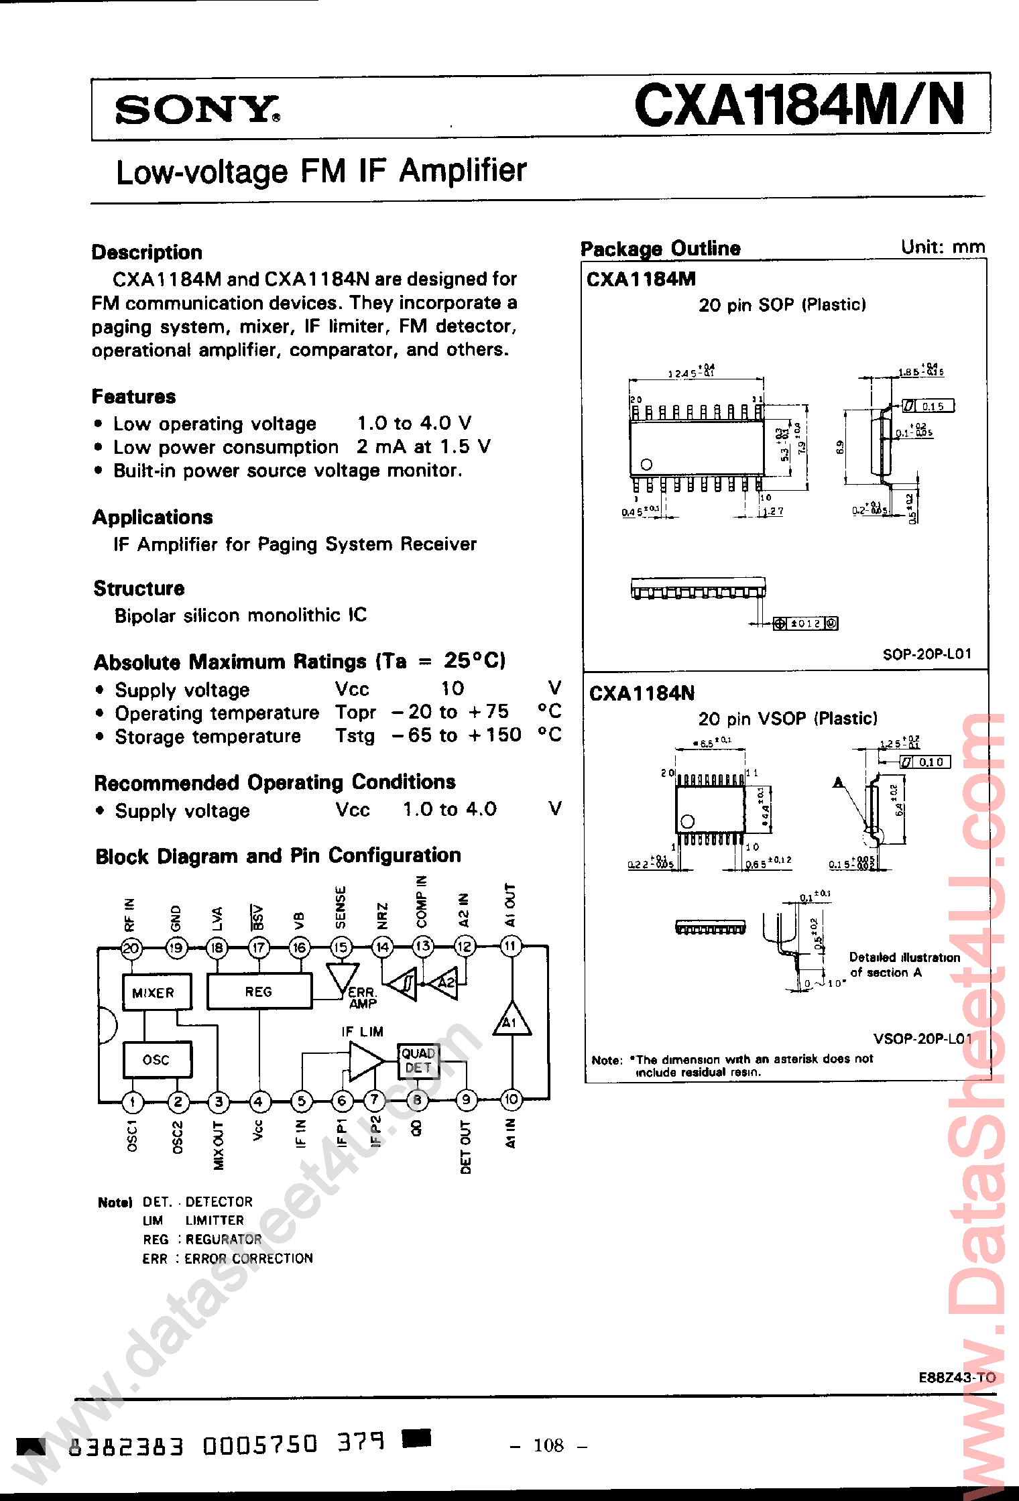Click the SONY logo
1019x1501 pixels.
pos(197,109)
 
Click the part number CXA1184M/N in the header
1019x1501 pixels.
pos(800,105)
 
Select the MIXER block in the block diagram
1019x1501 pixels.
pos(157,992)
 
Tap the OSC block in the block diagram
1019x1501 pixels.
pos(157,1059)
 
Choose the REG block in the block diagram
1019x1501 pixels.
pos(259,992)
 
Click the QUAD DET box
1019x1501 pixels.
pos(418,1061)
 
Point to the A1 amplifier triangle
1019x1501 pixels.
pos(511,1020)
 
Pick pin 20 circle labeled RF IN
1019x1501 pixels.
pos(131,948)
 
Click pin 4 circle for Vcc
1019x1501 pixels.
pos(259,1101)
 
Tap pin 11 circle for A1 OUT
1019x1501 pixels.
pos(511,947)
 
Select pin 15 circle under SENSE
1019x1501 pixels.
pos(341,947)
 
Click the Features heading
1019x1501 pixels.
pos(133,396)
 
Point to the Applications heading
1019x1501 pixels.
pos(153,517)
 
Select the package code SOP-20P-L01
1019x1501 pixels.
pos(926,654)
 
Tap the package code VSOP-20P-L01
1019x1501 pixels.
pos(922,1038)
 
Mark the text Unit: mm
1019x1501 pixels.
pos(943,247)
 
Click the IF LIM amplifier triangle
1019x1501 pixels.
pos(364,1063)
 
